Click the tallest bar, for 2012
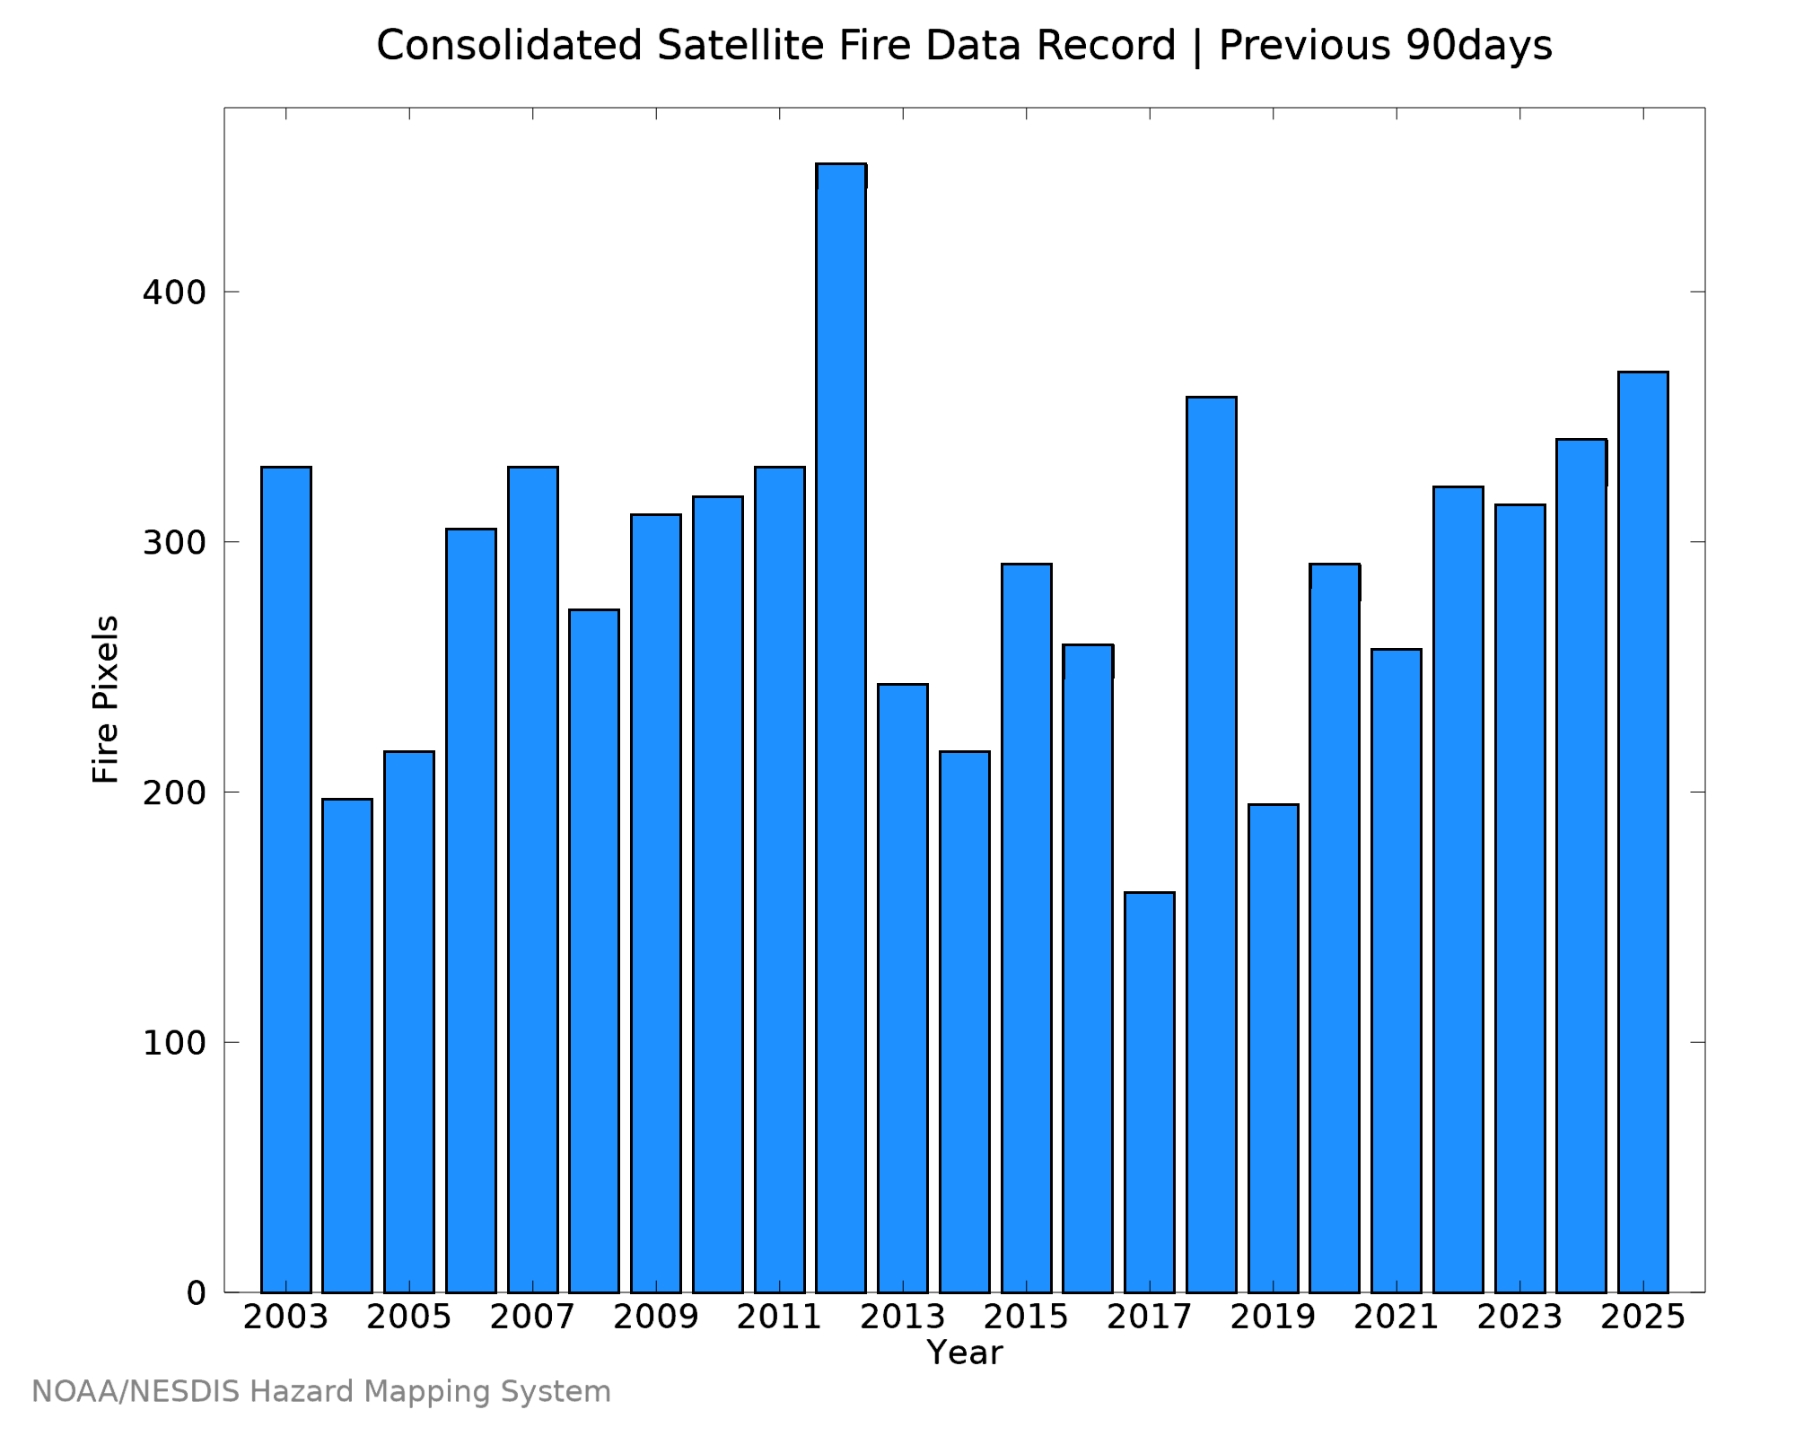(841, 728)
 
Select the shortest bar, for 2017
(1150, 1092)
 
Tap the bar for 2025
(1643, 832)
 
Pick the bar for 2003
(286, 880)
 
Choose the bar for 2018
(1212, 845)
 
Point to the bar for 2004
(347, 1046)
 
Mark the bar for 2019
(1274, 1048)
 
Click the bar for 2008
(594, 951)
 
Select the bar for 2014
(965, 1022)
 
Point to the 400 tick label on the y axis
(174, 292)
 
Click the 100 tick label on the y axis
(174, 1042)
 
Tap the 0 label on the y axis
(196, 1293)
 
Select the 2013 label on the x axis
(903, 1318)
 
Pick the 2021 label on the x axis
(1397, 1318)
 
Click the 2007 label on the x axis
(533, 1318)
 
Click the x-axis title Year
(965, 1353)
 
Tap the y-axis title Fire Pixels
(106, 699)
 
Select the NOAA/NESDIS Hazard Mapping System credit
(321, 1392)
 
